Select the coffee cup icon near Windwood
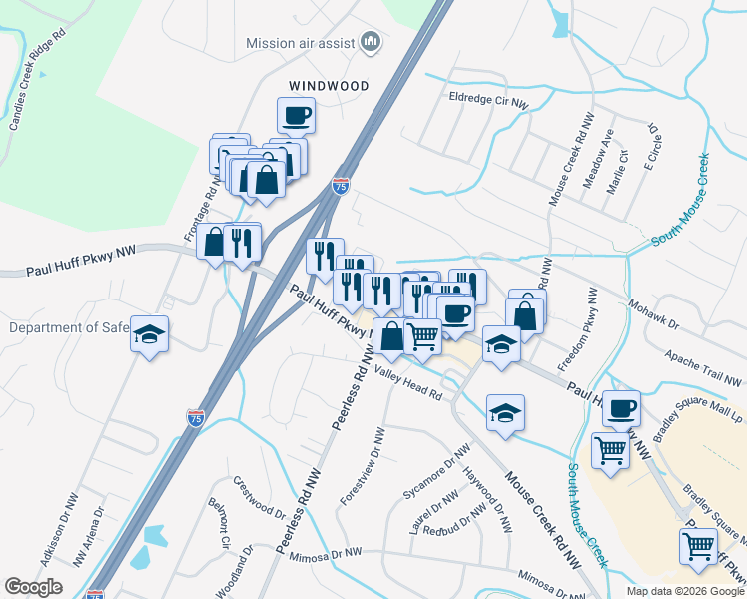(296, 115)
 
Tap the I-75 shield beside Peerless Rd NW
(196, 418)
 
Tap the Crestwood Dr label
(259, 495)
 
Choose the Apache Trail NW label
(704, 369)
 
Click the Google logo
(34, 586)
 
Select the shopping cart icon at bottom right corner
(698, 545)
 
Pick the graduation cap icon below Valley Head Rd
(506, 411)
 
